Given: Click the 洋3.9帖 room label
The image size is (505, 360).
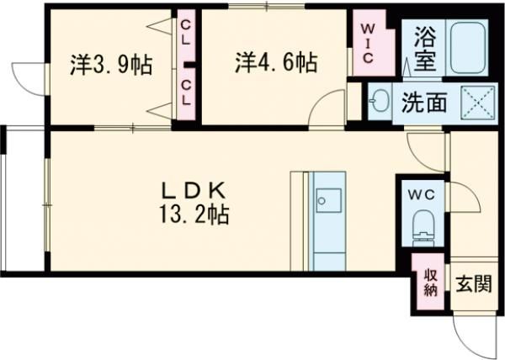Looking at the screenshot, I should point(111,65).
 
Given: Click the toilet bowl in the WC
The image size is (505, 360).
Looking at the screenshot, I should point(423,226).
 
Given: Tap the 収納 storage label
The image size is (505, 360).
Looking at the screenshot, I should point(430,283).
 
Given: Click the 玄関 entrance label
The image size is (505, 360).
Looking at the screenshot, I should point(475,284).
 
